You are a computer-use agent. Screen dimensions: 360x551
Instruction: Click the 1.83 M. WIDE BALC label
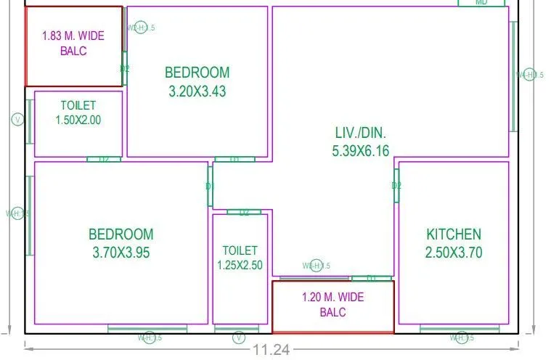(73, 43)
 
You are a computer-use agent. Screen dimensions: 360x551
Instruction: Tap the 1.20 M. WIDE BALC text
(333, 305)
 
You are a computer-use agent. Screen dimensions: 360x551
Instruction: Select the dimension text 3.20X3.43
(197, 91)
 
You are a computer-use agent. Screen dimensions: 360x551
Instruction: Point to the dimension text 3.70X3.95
(121, 253)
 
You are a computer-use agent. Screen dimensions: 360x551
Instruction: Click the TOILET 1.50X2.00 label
(78, 113)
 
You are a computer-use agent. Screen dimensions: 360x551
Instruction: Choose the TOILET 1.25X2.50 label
(240, 258)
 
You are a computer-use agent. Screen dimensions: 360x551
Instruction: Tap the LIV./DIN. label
(361, 133)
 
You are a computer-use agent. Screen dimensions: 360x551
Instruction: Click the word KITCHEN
(453, 234)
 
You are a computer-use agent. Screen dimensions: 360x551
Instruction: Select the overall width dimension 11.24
(272, 350)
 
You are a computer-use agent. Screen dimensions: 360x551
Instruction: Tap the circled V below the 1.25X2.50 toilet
(238, 337)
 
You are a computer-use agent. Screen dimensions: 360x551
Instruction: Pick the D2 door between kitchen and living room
(396, 186)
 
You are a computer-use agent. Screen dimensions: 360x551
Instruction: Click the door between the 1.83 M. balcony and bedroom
(124, 69)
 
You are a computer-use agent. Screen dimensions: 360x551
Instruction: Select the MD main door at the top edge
(481, 3)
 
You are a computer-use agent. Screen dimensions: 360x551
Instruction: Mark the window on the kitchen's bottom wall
(460, 330)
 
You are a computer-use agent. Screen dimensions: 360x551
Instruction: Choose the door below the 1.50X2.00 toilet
(104, 159)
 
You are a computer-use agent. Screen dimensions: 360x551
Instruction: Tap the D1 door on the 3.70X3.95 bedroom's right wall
(210, 187)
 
